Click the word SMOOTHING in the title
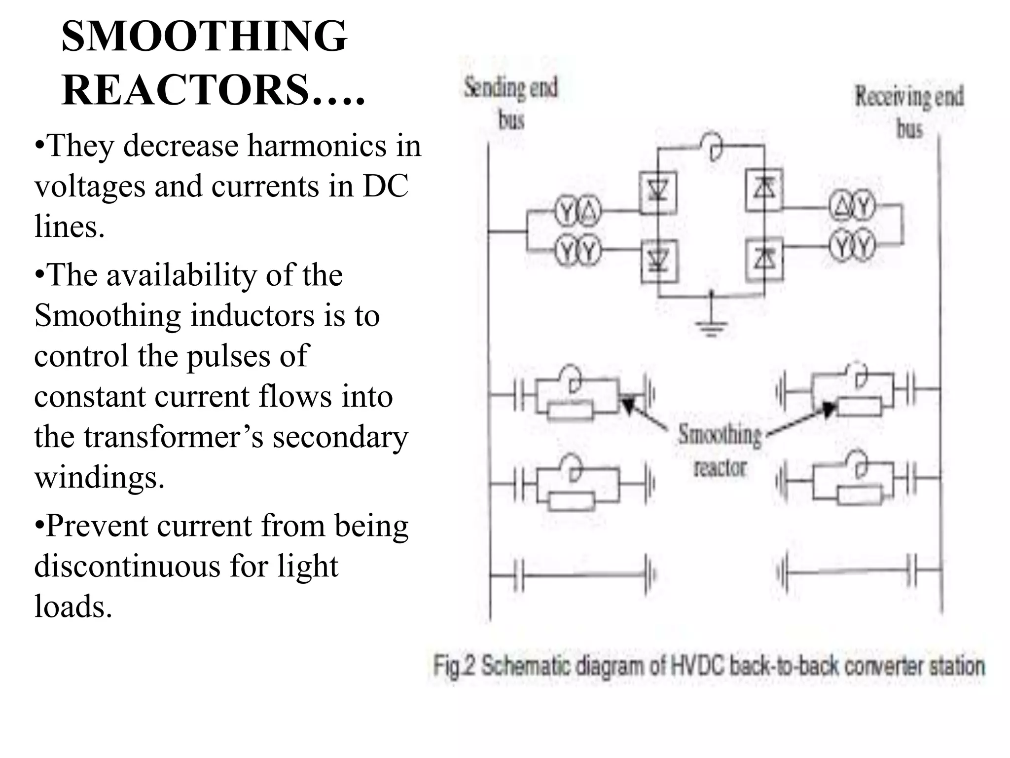204,37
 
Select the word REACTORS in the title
185,91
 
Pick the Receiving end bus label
909,112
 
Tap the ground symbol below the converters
711,326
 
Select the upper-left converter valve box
658,191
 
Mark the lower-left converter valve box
659,260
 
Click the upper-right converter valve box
764,189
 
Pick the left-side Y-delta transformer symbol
578,212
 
